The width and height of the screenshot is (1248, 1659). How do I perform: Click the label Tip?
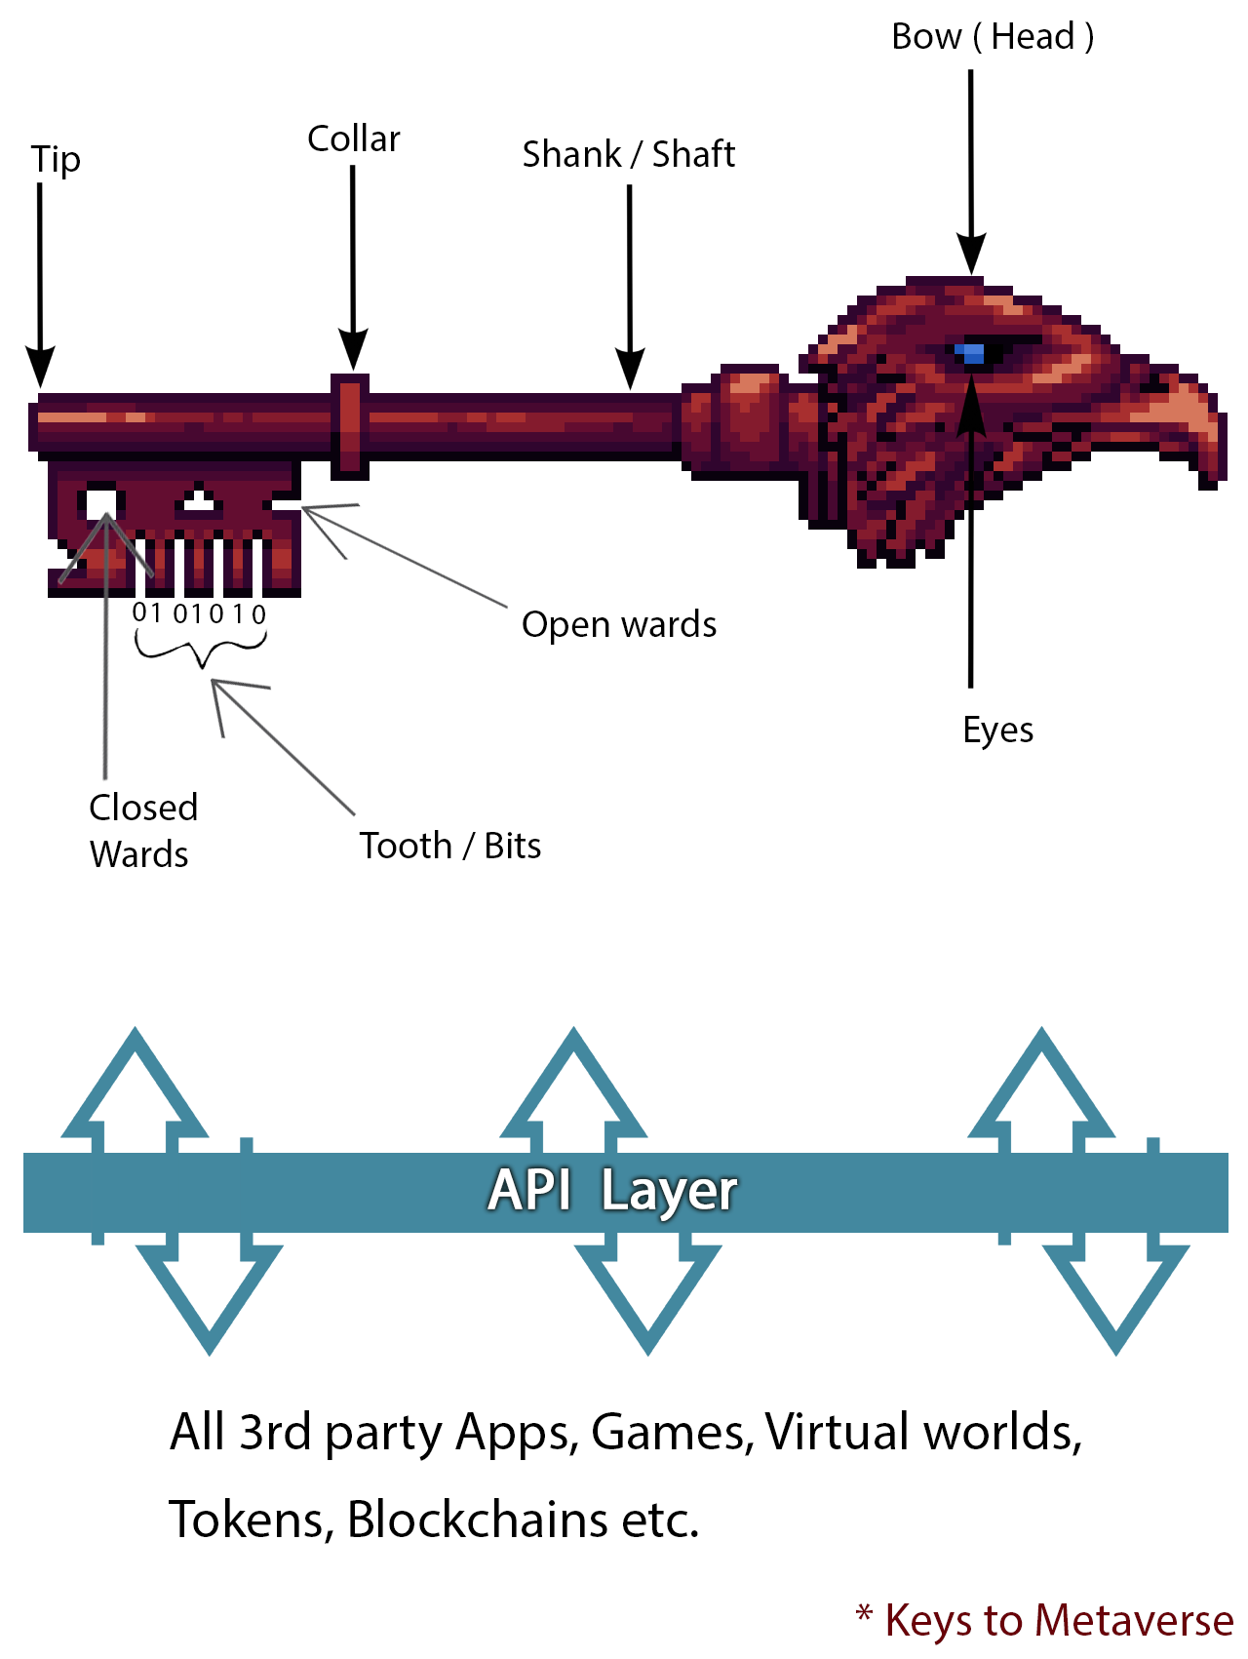click(x=56, y=160)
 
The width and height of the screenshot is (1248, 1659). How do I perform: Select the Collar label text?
click(x=354, y=139)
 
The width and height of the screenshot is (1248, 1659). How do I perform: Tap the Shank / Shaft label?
click(x=629, y=154)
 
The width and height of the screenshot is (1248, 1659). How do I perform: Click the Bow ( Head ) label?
click(x=993, y=37)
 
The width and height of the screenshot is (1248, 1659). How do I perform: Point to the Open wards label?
click(x=619, y=624)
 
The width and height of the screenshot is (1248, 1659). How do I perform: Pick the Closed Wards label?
click(x=142, y=830)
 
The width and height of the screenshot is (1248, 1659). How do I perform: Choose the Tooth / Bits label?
click(x=450, y=846)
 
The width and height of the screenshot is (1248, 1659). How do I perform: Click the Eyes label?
click(x=997, y=730)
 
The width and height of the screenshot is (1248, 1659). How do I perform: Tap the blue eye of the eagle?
click(x=970, y=353)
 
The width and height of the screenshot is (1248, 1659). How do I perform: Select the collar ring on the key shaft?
click(x=349, y=426)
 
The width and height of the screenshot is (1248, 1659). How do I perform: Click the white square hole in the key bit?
click(x=100, y=503)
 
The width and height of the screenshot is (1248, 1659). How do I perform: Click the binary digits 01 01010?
click(x=199, y=613)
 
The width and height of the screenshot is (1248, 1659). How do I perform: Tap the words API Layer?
click(x=612, y=1191)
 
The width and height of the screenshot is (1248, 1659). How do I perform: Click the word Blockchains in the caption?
click(x=477, y=1520)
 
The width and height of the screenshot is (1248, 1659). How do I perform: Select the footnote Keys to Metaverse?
click(x=1058, y=1620)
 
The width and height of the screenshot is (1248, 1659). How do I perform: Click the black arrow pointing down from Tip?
click(x=40, y=283)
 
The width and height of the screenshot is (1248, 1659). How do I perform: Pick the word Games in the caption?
click(x=671, y=1432)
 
